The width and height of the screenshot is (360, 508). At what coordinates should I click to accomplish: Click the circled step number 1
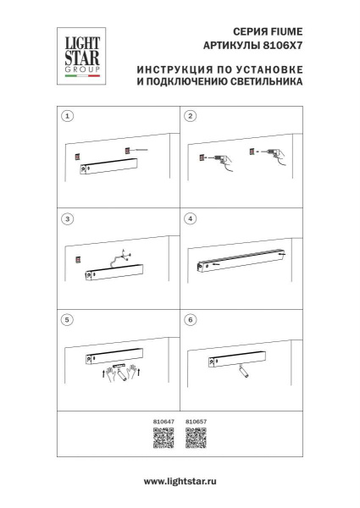(69, 115)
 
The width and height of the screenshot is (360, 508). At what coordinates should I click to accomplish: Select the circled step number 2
(191, 115)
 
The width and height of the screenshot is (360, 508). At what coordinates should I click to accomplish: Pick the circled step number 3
(69, 218)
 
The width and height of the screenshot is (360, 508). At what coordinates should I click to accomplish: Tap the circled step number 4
(191, 218)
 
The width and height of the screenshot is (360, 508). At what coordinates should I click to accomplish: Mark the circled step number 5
(69, 322)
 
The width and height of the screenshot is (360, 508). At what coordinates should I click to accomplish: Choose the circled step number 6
(191, 322)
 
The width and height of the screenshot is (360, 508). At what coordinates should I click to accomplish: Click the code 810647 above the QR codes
(163, 420)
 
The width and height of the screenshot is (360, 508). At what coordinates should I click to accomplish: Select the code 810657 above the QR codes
(196, 420)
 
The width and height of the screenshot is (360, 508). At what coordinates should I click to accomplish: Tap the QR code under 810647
(163, 438)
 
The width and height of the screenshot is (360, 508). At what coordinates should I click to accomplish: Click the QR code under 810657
(196, 438)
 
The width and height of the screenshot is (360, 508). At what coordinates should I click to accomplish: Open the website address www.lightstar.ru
(180, 481)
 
